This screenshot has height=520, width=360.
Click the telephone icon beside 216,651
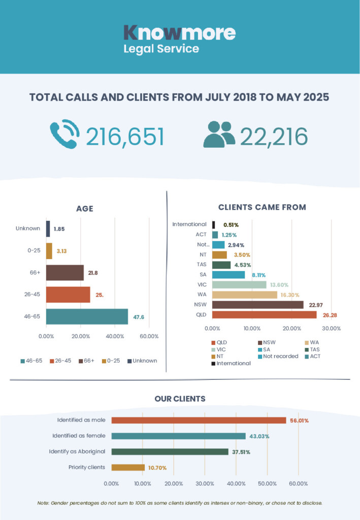click(x=64, y=134)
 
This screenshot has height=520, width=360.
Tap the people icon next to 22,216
click(x=219, y=134)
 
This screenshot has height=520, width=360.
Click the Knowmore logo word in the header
click(x=180, y=33)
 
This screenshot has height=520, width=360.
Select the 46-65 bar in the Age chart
click(x=87, y=316)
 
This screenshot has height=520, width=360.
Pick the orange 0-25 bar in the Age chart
click(x=49, y=251)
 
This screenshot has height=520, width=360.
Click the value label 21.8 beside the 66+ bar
click(x=93, y=273)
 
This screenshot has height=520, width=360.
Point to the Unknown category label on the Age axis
click(x=28, y=229)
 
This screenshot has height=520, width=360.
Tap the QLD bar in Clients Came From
click(x=264, y=315)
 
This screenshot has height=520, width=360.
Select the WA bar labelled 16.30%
click(x=245, y=295)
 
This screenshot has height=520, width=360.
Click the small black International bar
click(x=213, y=225)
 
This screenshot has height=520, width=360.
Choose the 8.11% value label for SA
click(x=258, y=275)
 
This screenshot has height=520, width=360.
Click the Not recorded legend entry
click(x=278, y=356)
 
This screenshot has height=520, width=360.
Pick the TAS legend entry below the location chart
click(x=312, y=349)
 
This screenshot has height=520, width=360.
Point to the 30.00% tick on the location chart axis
click(x=332, y=329)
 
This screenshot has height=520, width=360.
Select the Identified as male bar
click(x=199, y=420)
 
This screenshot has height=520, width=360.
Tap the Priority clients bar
click(x=128, y=468)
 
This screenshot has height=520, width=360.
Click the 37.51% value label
click(x=241, y=452)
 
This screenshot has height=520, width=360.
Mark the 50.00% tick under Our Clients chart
click(x=267, y=484)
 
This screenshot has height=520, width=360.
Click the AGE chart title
click(x=84, y=209)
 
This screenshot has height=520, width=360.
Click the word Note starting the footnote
click(x=43, y=503)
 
